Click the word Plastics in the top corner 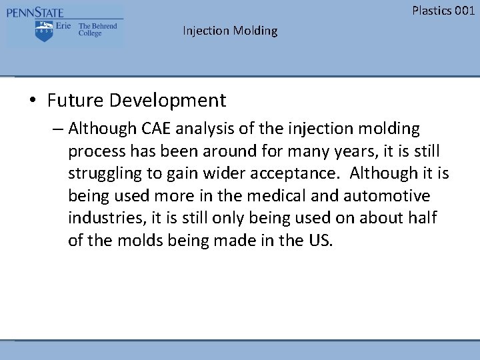coord(431,10)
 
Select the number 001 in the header coord(464,10)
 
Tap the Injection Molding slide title coord(230,31)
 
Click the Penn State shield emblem coord(45,31)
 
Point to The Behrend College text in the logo coord(98,30)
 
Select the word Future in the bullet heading coord(76,101)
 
